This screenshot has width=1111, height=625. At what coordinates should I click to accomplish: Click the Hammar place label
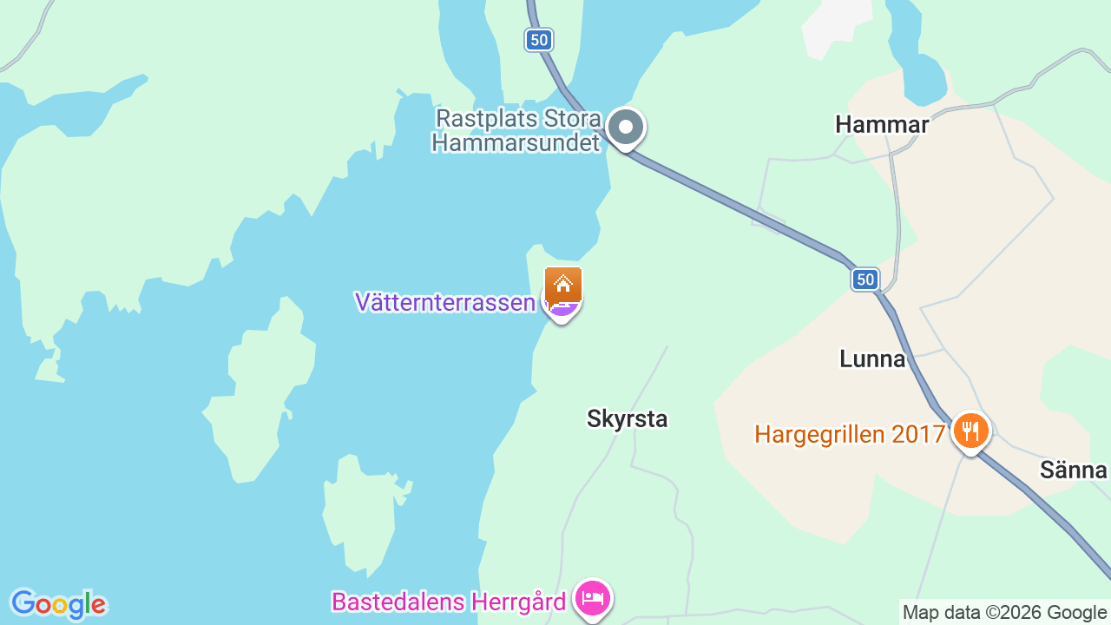click(882, 125)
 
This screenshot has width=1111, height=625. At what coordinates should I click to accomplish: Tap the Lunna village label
click(872, 359)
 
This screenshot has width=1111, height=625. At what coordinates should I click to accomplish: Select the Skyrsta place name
click(627, 419)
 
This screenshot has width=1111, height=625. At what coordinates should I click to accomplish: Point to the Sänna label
click(1074, 470)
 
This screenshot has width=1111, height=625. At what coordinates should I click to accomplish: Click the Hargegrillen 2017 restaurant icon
click(970, 431)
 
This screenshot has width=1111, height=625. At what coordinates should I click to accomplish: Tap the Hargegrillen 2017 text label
click(849, 434)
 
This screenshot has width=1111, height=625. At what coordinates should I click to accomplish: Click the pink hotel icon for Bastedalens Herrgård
click(594, 599)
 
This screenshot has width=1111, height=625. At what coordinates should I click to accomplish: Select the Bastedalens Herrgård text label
click(449, 602)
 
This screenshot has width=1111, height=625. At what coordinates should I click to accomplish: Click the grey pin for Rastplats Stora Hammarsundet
click(625, 128)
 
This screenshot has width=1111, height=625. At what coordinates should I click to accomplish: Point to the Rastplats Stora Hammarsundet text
click(518, 130)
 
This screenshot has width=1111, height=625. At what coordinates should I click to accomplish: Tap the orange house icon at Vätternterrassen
click(563, 284)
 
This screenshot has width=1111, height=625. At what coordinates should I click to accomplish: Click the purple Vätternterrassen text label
click(444, 302)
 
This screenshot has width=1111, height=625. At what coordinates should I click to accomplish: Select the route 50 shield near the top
click(539, 39)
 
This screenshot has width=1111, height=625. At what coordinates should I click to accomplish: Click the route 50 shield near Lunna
click(864, 279)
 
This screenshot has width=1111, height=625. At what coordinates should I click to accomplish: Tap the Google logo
click(58, 604)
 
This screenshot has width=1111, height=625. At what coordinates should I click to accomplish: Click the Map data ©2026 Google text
click(1004, 613)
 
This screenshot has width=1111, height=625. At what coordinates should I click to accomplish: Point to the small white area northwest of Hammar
click(835, 26)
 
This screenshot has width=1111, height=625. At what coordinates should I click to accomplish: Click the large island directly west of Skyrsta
click(260, 391)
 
